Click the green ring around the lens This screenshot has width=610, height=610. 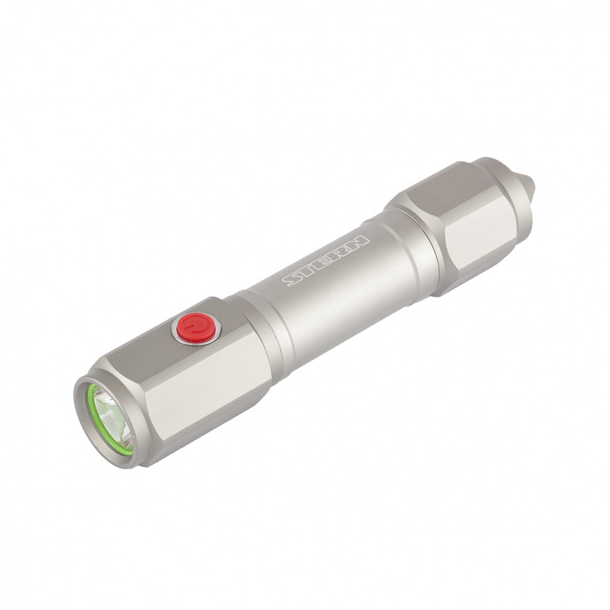(x=92, y=415)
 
